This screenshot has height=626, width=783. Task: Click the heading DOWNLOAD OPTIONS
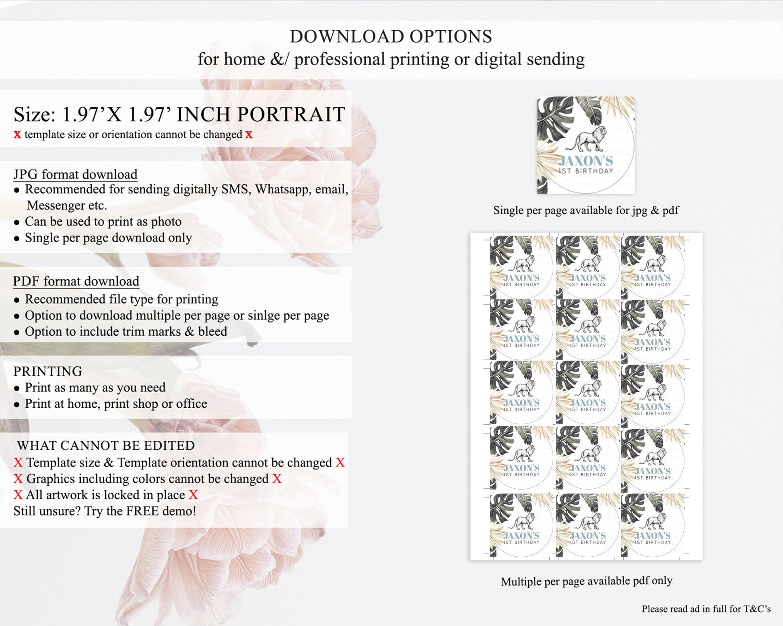click(x=391, y=37)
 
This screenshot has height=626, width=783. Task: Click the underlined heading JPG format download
click(x=75, y=174)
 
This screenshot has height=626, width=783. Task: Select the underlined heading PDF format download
click(x=76, y=281)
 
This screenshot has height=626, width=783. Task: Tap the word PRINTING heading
click(x=48, y=371)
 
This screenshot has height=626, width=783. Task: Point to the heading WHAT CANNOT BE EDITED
click(x=106, y=445)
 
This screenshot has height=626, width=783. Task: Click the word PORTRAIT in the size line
click(x=291, y=114)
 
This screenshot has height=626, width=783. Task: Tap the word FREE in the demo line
click(x=143, y=511)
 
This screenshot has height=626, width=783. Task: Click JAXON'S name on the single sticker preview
click(x=586, y=161)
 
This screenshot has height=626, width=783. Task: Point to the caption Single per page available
click(x=586, y=210)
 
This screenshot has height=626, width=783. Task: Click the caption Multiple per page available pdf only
click(x=587, y=581)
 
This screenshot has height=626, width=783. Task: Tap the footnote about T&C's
click(x=706, y=609)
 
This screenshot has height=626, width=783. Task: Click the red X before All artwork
click(x=18, y=495)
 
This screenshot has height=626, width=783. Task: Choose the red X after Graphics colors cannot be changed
click(x=277, y=479)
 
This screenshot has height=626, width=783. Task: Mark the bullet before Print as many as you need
click(x=16, y=388)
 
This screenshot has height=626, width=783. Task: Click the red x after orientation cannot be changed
click(x=249, y=134)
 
